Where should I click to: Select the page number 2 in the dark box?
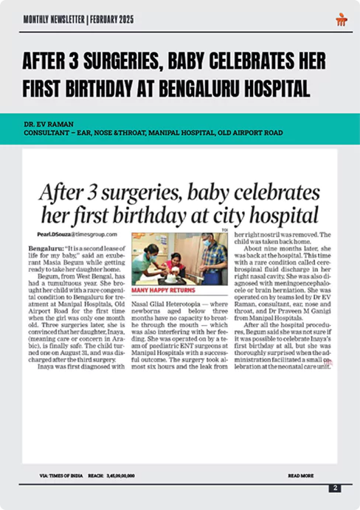335,488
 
